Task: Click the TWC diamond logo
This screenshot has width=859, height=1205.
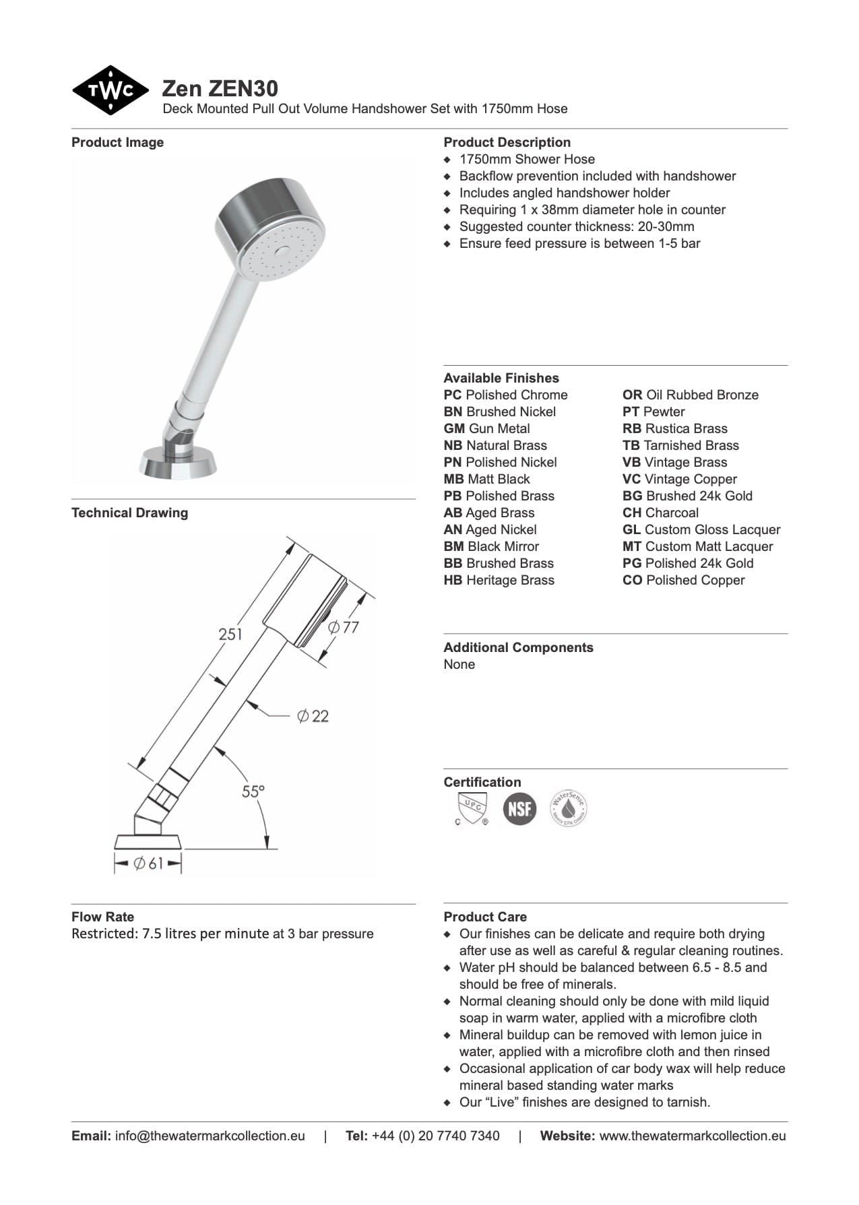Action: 110,90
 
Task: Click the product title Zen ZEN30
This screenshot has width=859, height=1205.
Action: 220,88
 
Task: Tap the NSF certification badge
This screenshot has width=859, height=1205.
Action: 519,808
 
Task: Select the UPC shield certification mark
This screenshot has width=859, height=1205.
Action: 471,808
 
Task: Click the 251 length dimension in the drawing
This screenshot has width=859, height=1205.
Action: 230,634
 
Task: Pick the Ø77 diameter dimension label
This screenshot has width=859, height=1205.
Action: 344,627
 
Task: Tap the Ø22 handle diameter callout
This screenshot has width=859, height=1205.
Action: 313,716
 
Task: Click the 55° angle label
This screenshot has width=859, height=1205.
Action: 253,791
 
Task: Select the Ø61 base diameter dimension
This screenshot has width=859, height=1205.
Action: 148,863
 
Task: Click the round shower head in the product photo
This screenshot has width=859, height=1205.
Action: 272,232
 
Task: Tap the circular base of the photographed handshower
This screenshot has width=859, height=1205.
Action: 177,463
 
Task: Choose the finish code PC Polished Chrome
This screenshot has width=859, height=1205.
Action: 505,395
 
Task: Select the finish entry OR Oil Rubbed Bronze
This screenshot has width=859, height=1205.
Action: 690,395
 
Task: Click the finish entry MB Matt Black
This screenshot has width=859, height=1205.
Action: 486,479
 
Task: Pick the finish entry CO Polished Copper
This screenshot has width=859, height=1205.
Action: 683,580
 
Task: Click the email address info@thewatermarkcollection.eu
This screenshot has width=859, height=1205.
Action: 210,1136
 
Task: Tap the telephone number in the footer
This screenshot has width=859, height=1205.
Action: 435,1136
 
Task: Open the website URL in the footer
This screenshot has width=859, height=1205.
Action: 692,1136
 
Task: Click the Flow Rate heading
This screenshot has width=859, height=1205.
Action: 102,917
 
